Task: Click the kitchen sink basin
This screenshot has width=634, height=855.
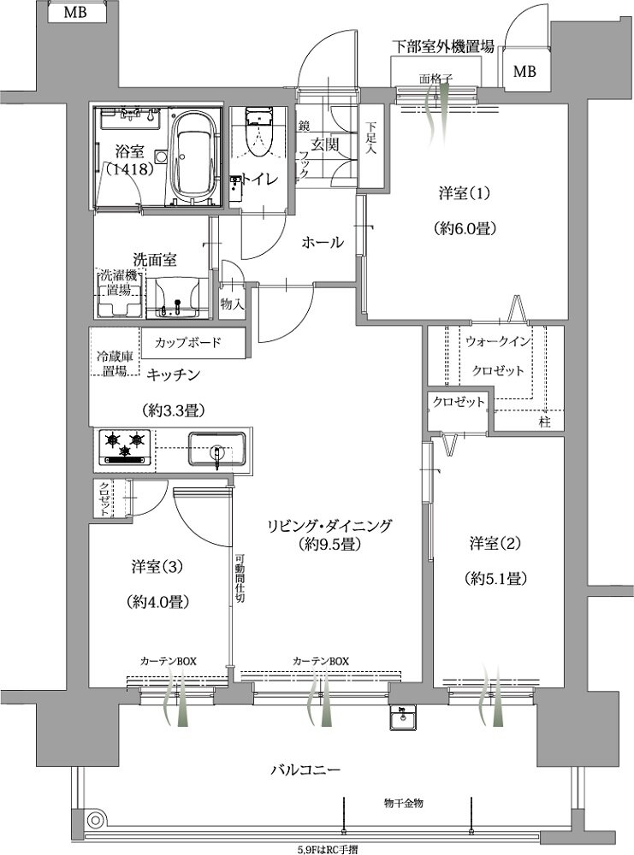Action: point(216,448)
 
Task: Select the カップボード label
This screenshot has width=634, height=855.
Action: point(188,343)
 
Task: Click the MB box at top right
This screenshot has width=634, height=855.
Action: point(524,72)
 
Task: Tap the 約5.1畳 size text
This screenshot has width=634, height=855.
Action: point(496,578)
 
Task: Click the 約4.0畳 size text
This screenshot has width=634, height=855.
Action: point(160,601)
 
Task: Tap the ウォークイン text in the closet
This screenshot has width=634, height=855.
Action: point(498,341)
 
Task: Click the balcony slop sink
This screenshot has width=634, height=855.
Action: point(401,719)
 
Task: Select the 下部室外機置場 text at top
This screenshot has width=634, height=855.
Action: point(442,46)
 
